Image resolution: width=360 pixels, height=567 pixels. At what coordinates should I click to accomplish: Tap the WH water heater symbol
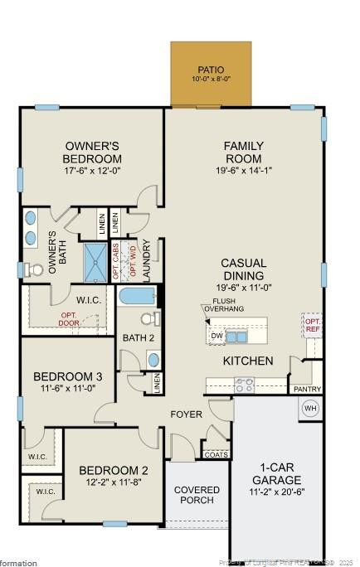pos(310,408)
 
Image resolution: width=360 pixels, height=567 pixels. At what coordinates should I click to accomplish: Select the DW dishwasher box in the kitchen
pos(216,335)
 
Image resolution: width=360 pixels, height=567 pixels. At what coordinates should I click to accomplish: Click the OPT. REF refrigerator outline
pos(312,324)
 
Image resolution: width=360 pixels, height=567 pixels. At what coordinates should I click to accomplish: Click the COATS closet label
pos(216,453)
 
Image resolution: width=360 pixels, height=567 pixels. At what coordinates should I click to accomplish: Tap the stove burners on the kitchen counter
pos(244,385)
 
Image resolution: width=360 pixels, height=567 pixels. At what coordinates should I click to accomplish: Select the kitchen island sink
pos(237,336)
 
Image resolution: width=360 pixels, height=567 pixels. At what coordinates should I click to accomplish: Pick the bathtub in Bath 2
pos(136,296)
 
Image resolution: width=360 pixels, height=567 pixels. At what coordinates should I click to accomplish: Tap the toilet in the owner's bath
pos(32,269)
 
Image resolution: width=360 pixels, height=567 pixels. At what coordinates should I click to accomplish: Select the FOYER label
pos(187,414)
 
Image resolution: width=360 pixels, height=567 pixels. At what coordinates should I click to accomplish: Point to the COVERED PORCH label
pos(197,495)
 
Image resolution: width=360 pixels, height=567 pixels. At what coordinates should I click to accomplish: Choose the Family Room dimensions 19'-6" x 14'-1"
pos(243,172)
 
